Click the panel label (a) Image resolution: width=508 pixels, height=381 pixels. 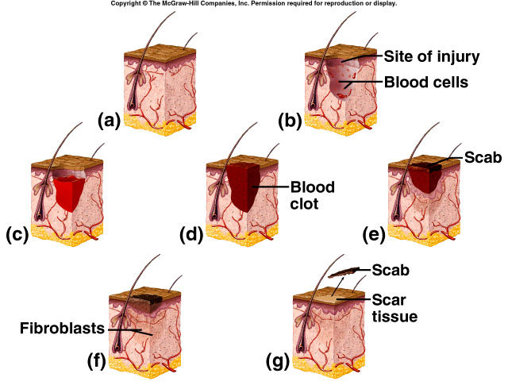tap(108, 121)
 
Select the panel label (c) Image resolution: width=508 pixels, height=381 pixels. tap(17, 235)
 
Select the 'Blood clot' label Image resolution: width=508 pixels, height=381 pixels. tap(312, 194)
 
